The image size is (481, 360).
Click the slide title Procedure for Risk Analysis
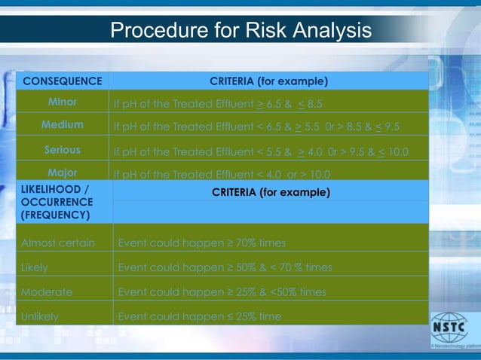click(240, 31)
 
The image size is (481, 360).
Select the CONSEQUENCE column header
click(63, 81)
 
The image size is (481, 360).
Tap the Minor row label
click(63, 101)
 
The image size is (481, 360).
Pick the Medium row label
click(63, 124)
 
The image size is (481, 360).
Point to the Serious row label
click(63, 150)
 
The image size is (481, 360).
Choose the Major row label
click(63, 172)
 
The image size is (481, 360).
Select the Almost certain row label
click(58, 243)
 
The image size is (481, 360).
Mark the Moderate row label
click(47, 291)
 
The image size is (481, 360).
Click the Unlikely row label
click(40, 316)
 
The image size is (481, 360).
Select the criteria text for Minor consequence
click(217, 103)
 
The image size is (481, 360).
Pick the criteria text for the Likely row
click(225, 267)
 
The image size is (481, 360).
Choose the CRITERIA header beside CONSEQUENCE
click(268, 81)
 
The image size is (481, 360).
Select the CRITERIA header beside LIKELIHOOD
click(271, 193)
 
